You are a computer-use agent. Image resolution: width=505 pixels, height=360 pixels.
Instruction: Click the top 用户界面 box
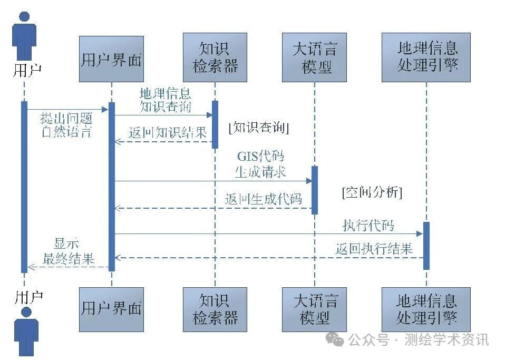pos(111,59)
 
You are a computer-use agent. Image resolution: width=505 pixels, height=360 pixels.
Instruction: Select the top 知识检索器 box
pos(215,57)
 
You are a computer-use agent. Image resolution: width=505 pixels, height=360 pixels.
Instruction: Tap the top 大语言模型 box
pos(315,57)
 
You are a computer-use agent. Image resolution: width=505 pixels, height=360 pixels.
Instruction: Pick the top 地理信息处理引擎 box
pos(426,57)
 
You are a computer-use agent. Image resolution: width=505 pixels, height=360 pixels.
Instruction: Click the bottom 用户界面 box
pos(111,309)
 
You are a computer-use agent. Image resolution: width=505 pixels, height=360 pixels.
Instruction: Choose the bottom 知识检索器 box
pos(215,309)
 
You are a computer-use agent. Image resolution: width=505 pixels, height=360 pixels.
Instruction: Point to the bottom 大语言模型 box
pos(315,309)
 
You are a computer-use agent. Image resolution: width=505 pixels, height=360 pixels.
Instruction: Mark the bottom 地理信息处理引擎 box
pos(426,309)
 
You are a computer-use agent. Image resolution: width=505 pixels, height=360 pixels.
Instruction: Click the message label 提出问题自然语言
pos(66,124)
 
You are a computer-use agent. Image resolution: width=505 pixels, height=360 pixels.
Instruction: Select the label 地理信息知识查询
pos(165,100)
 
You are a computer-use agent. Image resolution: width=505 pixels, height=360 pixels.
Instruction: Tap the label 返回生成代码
pos(263,199)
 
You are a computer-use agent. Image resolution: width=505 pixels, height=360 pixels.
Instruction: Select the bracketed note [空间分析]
pos(372,192)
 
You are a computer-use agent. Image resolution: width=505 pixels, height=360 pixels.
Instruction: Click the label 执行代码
pos(368,226)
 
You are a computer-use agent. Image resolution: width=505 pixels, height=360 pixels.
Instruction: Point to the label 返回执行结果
pos(374,249)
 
